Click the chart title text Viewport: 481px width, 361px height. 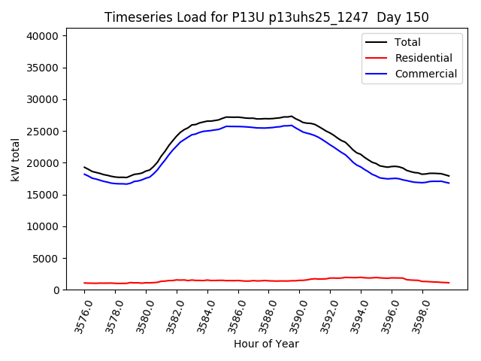point(267,17)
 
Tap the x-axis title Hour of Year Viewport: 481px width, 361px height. point(266,344)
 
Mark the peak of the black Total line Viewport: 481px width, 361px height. point(291,116)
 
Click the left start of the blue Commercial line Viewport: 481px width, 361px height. point(84,174)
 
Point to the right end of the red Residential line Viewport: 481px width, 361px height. point(449,283)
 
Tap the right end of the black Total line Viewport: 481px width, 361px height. point(449,176)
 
